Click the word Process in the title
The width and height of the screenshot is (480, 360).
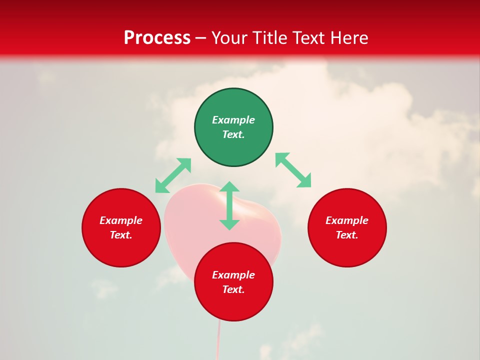point(157,38)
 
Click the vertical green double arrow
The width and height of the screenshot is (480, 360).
point(229,205)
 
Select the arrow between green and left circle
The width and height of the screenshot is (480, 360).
point(173,175)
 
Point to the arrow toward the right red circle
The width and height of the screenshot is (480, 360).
point(293,170)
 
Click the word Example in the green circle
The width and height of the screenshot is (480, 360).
point(233,120)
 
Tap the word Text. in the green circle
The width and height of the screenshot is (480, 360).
point(233,134)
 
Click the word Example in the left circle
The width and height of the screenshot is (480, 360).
point(121,220)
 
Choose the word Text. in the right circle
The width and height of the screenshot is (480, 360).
point(347,235)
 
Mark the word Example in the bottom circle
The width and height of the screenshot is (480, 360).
point(233,275)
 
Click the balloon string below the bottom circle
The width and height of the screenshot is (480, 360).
point(218,340)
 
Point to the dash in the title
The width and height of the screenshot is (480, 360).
point(201,38)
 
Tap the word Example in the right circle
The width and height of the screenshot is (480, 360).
point(347,220)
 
